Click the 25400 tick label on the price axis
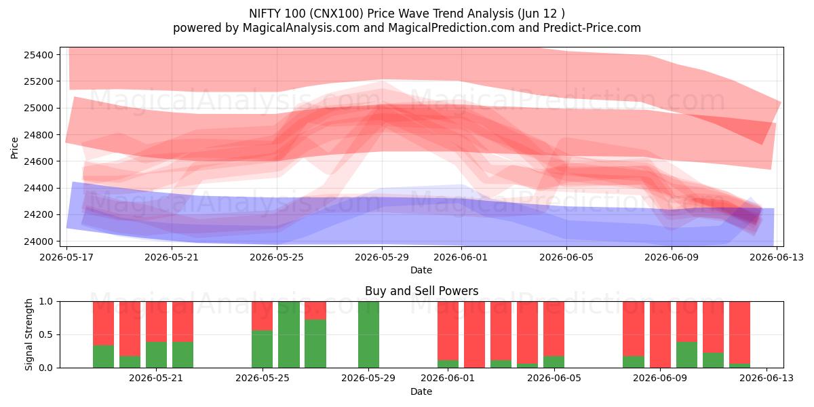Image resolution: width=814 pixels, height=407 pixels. coord(39,55)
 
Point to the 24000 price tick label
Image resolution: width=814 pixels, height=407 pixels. coord(39,241)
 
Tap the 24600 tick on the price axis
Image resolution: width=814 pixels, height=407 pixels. coord(39,161)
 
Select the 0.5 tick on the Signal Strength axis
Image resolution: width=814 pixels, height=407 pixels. coord(46,334)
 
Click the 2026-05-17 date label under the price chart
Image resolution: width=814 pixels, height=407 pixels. coord(66,257)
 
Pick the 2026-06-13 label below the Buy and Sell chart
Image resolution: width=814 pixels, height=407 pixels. coord(767,379)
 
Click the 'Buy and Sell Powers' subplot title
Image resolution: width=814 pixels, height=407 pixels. coord(421,291)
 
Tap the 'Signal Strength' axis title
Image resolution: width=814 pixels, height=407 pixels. coord(28,334)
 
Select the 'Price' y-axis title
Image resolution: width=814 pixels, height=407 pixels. coord(14,149)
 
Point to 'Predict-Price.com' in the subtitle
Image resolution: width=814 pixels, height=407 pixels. coord(592,28)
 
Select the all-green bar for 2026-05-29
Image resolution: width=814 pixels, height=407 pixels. coord(368,334)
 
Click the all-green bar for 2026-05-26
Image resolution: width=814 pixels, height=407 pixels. coord(289,334)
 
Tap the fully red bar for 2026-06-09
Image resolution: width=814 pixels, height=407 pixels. coord(660,334)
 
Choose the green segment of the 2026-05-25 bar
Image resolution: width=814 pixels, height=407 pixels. coord(263,349)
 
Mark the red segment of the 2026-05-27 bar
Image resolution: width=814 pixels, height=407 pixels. coord(315,311)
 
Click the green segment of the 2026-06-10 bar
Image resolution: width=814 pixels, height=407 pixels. coord(686,355)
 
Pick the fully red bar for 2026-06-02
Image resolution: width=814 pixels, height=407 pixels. coord(474,334)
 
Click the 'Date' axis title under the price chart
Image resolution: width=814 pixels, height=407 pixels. coord(421,271)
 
